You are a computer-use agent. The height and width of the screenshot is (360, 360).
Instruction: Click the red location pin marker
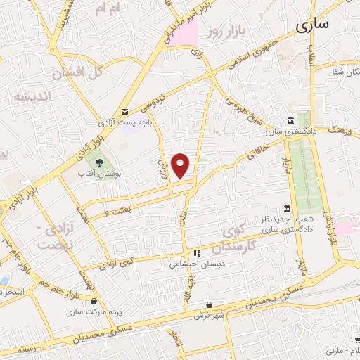(x=181, y=166)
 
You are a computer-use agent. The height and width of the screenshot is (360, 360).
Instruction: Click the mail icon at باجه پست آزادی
(x=125, y=112)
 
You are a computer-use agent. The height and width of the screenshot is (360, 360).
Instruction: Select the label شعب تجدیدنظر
(x=276, y=220)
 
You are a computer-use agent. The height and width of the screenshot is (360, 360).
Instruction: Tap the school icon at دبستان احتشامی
(x=197, y=252)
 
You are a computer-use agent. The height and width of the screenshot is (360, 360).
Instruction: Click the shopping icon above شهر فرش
(x=210, y=304)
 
